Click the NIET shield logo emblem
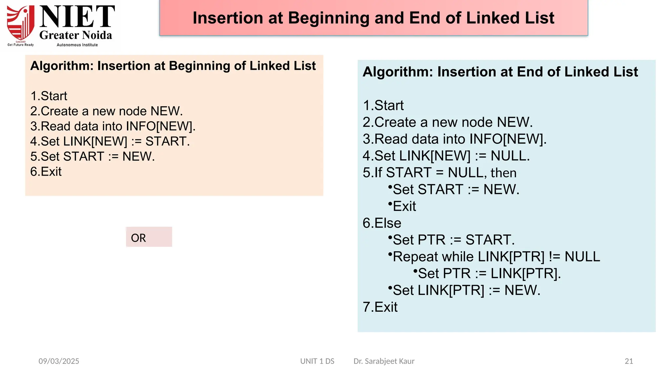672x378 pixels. pyautogui.click(x=21, y=23)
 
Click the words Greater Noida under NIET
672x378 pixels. pyautogui.click(x=75, y=35)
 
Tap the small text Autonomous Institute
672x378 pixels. pyautogui.click(x=77, y=45)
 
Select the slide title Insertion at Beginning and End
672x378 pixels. pyautogui.click(x=373, y=18)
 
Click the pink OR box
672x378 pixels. pyautogui.click(x=149, y=237)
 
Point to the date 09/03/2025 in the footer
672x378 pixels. pyautogui.click(x=59, y=361)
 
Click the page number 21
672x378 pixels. pyautogui.click(x=629, y=361)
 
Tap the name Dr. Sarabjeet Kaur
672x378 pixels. pyautogui.click(x=384, y=361)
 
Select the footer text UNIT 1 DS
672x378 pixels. pyautogui.click(x=317, y=361)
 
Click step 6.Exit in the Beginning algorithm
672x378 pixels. pyautogui.click(x=46, y=172)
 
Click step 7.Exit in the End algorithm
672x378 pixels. pyautogui.click(x=380, y=307)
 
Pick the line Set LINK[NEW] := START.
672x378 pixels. pyautogui.click(x=110, y=141)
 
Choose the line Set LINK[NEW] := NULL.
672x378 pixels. pyautogui.click(x=446, y=156)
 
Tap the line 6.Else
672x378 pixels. pyautogui.click(x=382, y=223)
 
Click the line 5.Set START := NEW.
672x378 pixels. pyautogui.click(x=92, y=157)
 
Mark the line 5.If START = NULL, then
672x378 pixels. pyautogui.click(x=439, y=173)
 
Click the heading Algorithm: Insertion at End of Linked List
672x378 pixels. pyautogui.click(x=500, y=72)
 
